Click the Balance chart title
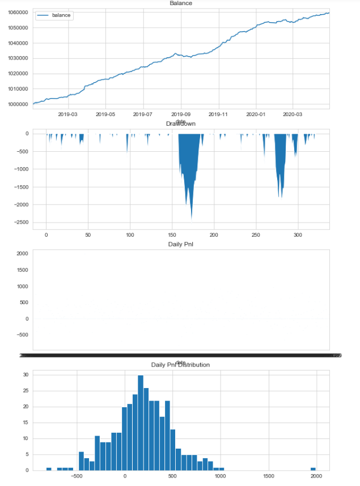click(x=180, y=3)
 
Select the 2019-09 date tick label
click(x=181, y=114)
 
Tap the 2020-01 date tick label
click(x=256, y=114)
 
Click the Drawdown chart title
click(x=180, y=123)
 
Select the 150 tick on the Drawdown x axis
click(x=172, y=234)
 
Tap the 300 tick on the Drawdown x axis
click(x=298, y=234)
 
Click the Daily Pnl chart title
click(x=180, y=244)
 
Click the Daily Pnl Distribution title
click(x=180, y=365)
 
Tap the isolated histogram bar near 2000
click(x=313, y=468)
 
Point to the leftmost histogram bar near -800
click(x=49, y=468)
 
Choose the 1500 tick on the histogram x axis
click(x=268, y=477)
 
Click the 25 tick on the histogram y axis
click(x=24, y=391)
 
